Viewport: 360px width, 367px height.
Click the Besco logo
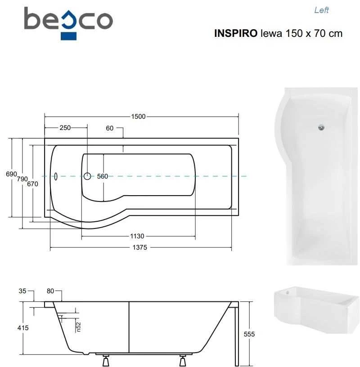coord(68,23)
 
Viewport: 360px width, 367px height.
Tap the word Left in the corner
coord(321,10)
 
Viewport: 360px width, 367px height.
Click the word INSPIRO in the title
coord(236,33)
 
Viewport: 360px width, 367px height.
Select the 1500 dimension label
coord(138,116)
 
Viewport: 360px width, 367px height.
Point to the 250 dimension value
coord(65,128)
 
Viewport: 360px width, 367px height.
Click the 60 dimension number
coord(110,128)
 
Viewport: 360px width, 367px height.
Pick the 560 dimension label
coord(103,176)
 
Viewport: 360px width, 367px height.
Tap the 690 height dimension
coord(11,174)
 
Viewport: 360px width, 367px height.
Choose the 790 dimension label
coord(22,179)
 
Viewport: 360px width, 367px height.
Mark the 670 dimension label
coord(32,184)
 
